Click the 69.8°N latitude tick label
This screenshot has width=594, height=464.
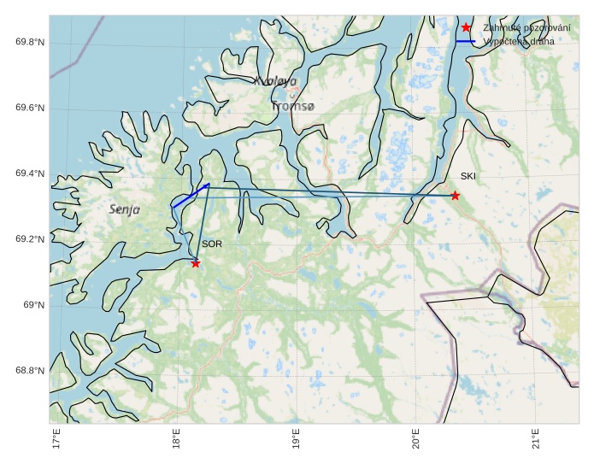point(29,42)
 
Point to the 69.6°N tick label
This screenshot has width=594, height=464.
point(29,108)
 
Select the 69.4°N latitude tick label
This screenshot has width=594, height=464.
point(29,173)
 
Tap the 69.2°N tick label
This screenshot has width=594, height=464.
point(29,239)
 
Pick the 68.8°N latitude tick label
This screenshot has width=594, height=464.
point(29,371)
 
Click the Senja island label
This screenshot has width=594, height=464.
point(125,209)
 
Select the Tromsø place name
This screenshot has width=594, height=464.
point(293,107)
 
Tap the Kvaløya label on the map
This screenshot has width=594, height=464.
point(275,81)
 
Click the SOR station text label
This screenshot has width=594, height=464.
point(212,244)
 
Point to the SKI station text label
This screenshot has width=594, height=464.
point(468,177)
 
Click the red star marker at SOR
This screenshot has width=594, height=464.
point(196,263)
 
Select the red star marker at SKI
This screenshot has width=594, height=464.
point(455,196)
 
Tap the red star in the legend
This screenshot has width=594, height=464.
point(466,27)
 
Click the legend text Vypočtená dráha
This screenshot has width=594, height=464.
point(518,41)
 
